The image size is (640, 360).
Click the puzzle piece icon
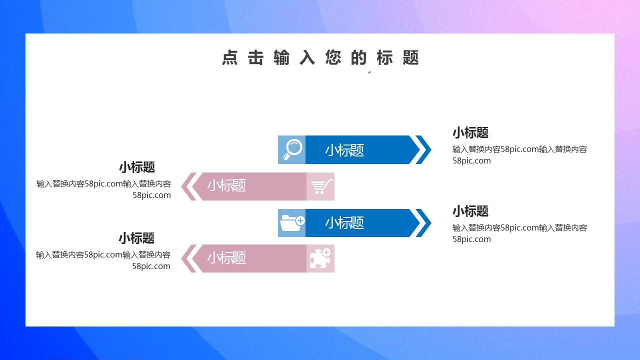320,258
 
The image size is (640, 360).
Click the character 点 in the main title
230,57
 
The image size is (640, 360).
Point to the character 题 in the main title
410,57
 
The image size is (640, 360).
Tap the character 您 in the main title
333,57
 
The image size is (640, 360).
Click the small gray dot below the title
369,72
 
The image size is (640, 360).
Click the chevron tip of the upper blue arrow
431,149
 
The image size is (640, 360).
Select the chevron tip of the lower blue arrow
431,223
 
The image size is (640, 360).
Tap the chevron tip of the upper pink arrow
181,186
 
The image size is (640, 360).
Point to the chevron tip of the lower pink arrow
181,258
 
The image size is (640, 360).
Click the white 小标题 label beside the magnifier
344,150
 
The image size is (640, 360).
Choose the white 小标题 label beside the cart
226,185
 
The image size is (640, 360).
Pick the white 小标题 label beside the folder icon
344,223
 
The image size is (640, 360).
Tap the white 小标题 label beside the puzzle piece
226,257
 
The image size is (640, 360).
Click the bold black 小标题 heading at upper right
470,133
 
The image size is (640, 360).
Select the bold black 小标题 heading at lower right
470,211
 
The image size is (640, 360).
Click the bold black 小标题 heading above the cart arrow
137,167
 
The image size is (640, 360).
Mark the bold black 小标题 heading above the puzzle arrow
136,238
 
